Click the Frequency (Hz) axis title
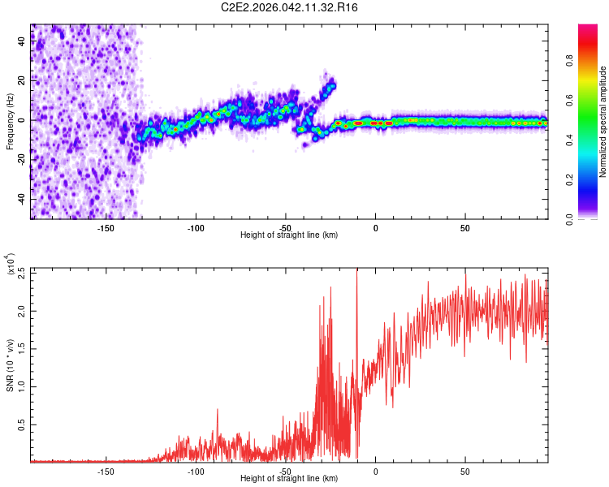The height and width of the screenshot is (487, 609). [x=10, y=122]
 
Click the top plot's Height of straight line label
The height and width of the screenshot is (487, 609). [x=289, y=235]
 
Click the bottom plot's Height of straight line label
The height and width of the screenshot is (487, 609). [x=289, y=478]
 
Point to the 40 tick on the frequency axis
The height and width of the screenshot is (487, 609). [x=21, y=42]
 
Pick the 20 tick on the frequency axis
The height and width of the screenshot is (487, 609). [x=21, y=81]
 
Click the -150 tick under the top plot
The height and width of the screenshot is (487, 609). [x=106, y=227]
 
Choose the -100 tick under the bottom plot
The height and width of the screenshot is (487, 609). [x=196, y=471]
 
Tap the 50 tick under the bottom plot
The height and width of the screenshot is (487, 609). [x=465, y=471]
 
